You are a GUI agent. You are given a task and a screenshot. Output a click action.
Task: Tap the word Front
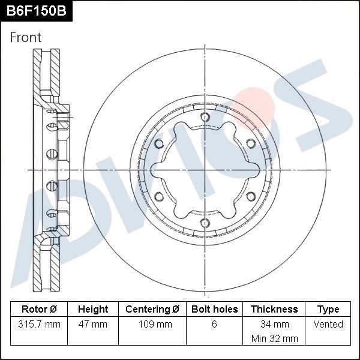tap(26, 37)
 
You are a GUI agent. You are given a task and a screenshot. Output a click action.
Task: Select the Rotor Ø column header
tap(39, 310)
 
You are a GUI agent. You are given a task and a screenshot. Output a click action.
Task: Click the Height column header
tap(93, 310)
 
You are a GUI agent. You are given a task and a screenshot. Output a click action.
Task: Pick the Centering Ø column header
tap(152, 310)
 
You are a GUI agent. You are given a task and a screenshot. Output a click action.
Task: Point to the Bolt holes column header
tap(215, 310)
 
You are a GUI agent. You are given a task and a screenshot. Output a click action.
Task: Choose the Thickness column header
tap(274, 310)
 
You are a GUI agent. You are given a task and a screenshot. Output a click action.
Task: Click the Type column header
tap(328, 310)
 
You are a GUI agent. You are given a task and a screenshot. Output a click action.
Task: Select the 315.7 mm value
tap(39, 325)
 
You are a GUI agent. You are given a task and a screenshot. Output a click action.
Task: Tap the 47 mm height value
tap(93, 325)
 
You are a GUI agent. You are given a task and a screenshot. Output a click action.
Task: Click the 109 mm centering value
tap(152, 325)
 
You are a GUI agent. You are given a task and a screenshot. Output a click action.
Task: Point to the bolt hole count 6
tap(215, 325)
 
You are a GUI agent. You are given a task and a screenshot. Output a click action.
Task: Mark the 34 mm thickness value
tap(274, 325)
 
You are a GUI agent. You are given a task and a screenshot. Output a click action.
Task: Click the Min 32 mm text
tap(274, 338)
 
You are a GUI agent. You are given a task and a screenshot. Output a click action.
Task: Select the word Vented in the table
tap(328, 325)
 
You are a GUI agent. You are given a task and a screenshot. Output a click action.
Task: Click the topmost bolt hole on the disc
tap(205, 117)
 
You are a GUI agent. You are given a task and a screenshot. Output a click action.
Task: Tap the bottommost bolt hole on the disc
tap(205, 223)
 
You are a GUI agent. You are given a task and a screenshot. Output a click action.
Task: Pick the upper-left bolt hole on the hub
tap(159, 143)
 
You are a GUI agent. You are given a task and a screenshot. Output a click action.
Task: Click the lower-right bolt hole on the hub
tap(250, 197)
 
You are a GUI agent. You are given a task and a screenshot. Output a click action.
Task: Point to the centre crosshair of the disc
tap(205, 170)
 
